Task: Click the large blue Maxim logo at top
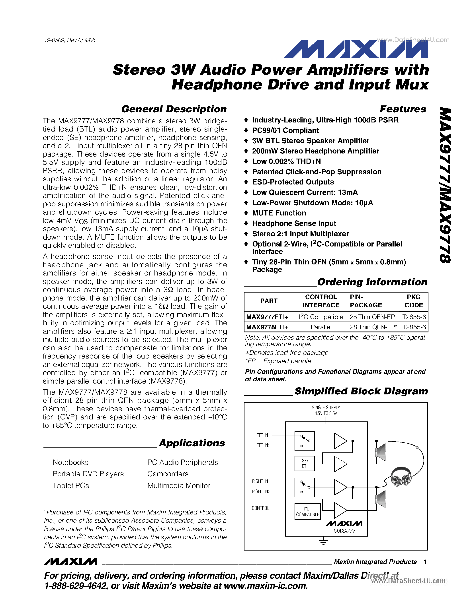tap(356, 49)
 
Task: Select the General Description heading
tap(174, 109)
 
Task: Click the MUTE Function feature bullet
tap(279, 213)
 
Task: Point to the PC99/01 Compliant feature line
tap(285, 130)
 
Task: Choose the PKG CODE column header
tap(414, 301)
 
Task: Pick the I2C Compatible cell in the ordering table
tap(321, 317)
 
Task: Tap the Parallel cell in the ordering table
tap(321, 327)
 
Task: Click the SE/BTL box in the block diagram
tap(305, 464)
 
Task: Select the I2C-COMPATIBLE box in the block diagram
tap(307, 511)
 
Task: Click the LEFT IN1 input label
tap(262, 435)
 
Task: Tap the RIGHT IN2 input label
tap(261, 492)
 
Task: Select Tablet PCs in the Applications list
tap(71, 486)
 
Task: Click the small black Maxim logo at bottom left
tap(70, 561)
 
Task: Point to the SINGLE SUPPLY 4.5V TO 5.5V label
tap(326, 410)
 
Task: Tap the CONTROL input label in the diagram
tap(260, 508)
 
